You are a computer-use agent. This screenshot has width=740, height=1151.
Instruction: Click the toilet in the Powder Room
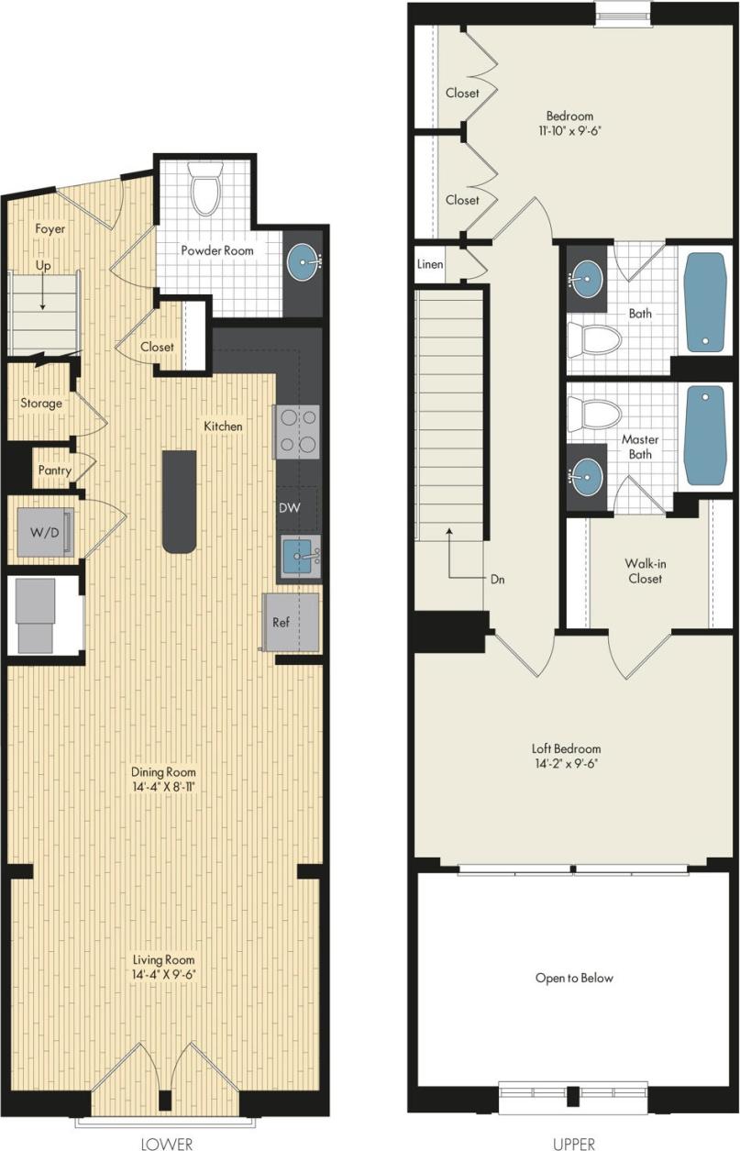tap(204, 191)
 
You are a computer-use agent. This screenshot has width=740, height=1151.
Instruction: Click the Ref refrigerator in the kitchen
tap(291, 622)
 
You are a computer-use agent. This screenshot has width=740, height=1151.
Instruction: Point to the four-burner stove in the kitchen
tap(297, 432)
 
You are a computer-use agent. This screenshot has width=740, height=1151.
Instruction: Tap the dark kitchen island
tap(179, 502)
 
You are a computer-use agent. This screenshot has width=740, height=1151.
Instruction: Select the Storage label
tap(42, 403)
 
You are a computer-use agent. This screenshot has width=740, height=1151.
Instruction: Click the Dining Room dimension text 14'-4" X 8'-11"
tap(162, 787)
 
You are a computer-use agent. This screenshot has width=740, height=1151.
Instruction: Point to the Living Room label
tap(162, 959)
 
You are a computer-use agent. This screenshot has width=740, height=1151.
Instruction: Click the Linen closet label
tap(430, 265)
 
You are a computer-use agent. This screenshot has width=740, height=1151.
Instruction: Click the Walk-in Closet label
tap(644, 570)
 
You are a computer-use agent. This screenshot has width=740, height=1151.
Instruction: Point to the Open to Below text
tap(574, 978)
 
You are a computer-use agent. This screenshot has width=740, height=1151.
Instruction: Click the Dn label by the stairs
tap(498, 580)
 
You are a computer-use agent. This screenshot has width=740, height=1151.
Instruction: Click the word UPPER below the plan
tap(574, 1143)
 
